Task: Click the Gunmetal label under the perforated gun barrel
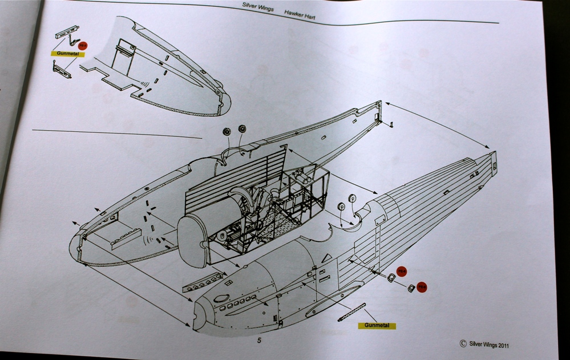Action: pos(376,325)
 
